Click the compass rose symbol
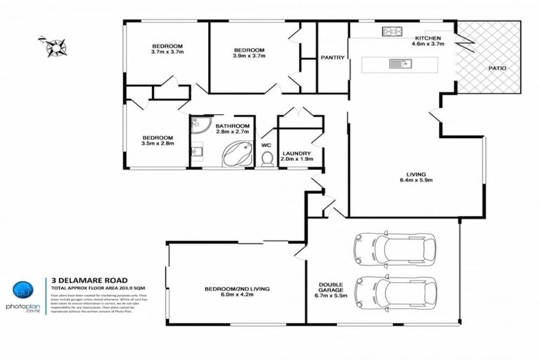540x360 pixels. (54, 46)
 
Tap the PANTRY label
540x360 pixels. (332, 58)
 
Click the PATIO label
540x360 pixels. (498, 69)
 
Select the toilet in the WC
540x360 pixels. (266, 160)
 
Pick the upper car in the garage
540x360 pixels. (385, 247)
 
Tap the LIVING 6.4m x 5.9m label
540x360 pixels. (416, 177)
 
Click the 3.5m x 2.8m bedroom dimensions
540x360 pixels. (157, 143)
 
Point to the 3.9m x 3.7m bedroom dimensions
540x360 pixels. (249, 56)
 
